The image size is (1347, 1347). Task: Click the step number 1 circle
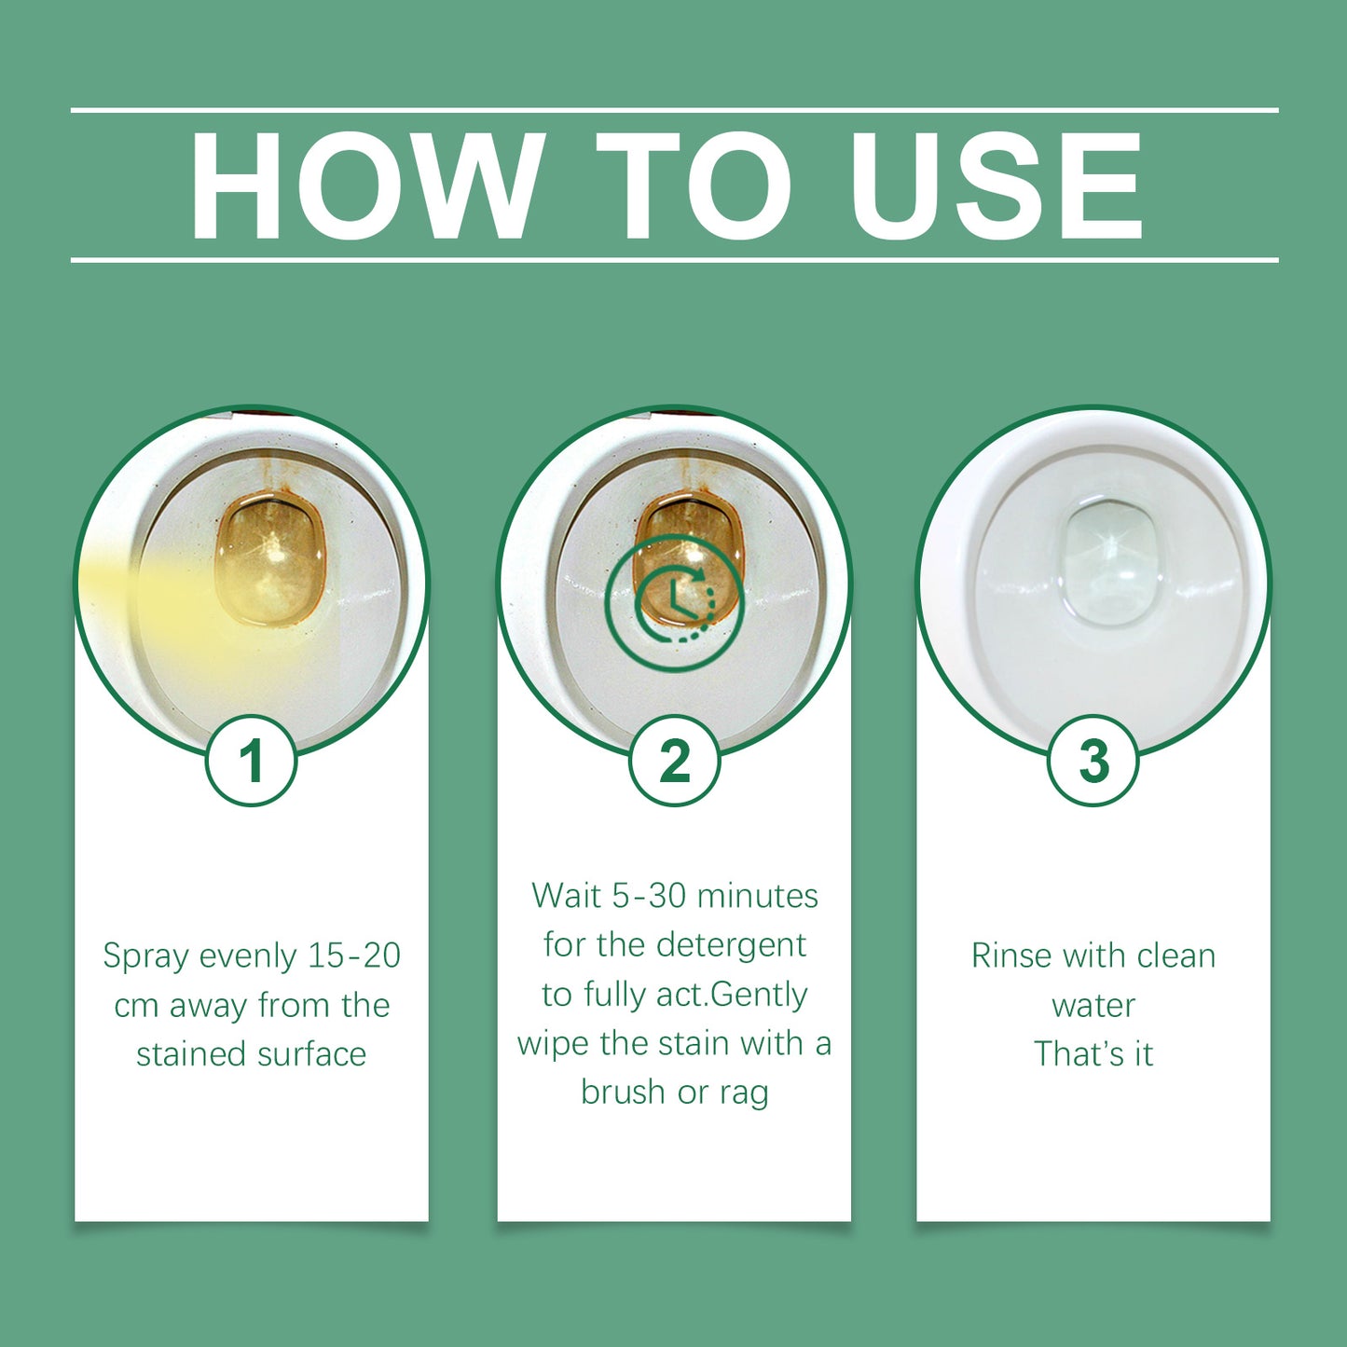pos(251,761)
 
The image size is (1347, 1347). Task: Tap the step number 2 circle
pos(674,761)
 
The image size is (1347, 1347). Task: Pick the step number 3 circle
pos(1093,761)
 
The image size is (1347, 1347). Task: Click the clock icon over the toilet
pos(675,602)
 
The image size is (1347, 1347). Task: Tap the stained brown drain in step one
pos(271,559)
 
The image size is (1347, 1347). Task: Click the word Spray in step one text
pos(145,956)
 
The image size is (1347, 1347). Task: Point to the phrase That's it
pos(1093,1054)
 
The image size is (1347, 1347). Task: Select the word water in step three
pos(1093,1006)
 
